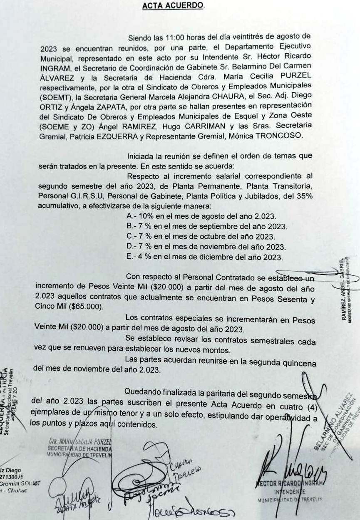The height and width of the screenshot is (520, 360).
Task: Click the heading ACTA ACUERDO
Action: click(x=173, y=6)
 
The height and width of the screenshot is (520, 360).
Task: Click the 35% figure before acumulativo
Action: click(x=304, y=196)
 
